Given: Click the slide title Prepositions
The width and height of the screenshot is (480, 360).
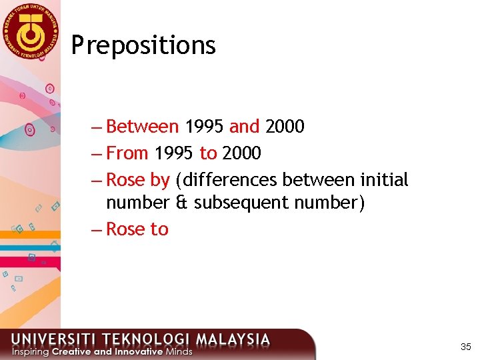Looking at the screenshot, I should pos(143,45).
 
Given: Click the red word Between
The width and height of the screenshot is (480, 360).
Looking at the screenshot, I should pos(142,126).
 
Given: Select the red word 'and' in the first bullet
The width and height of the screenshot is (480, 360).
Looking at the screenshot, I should pos(244,126).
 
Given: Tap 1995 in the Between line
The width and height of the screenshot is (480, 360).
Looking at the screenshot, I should pos(205,126).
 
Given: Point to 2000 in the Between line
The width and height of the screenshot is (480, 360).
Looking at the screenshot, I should pos(285,126).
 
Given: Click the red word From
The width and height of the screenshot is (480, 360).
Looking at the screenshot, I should pos(127,153).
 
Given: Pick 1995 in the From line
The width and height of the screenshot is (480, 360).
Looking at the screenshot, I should pos(174,153).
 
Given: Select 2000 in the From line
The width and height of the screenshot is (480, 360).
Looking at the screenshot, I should pos(241,153).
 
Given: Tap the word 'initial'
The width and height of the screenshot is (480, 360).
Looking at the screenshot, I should pos(384,180).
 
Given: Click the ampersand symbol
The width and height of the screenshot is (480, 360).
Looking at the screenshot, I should pos(181,203).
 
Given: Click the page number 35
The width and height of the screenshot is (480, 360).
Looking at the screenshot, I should pos(466,347).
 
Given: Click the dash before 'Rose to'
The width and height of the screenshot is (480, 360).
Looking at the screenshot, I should pos(97,229).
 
